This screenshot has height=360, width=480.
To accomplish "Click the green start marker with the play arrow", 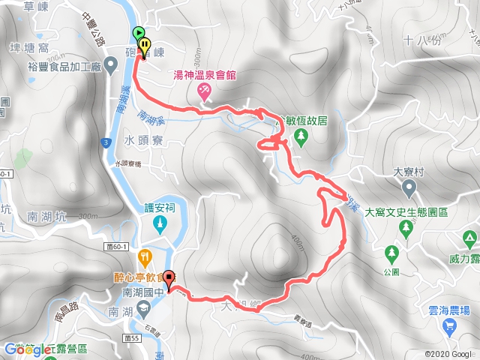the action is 139,32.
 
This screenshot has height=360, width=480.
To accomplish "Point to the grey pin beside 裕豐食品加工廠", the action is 111,67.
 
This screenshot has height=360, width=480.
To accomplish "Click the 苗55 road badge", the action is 133,338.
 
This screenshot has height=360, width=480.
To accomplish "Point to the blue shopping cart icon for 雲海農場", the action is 449,325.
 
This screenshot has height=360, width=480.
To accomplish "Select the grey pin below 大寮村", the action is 408,191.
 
